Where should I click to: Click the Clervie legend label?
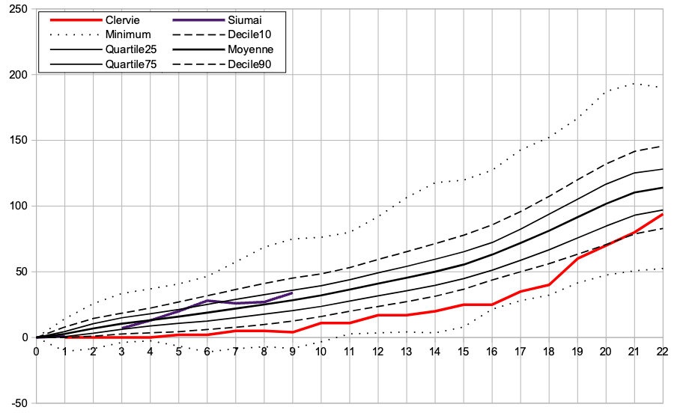[123, 19]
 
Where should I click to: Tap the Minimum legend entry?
[128, 34]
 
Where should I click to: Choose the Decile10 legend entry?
[246, 34]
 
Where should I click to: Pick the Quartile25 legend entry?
[132, 49]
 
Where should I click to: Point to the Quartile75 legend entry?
[132, 64]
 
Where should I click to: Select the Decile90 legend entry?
[246, 64]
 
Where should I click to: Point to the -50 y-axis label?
[18, 403]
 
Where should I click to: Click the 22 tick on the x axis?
[663, 351]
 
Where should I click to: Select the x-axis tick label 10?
[321, 351]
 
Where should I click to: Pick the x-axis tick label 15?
[464, 351]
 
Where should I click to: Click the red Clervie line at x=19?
[577, 258]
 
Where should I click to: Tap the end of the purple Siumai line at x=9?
[293, 293]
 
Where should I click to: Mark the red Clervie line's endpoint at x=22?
[663, 214]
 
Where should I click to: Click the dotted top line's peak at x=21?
[634, 84]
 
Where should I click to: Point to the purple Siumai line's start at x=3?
[122, 328]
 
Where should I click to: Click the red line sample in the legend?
[72, 19]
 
